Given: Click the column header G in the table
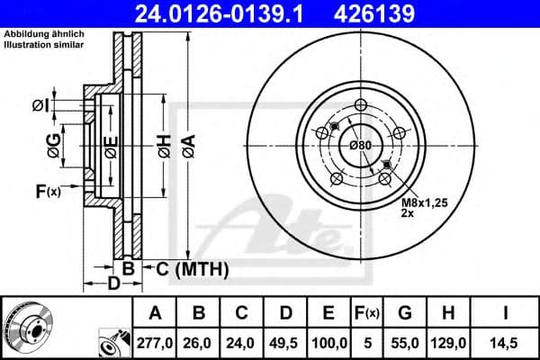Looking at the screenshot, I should point(404,313).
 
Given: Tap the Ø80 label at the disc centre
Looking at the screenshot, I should point(360,146).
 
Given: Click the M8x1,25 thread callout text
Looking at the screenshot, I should point(422,204).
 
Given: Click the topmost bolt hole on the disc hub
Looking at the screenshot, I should point(361,103).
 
